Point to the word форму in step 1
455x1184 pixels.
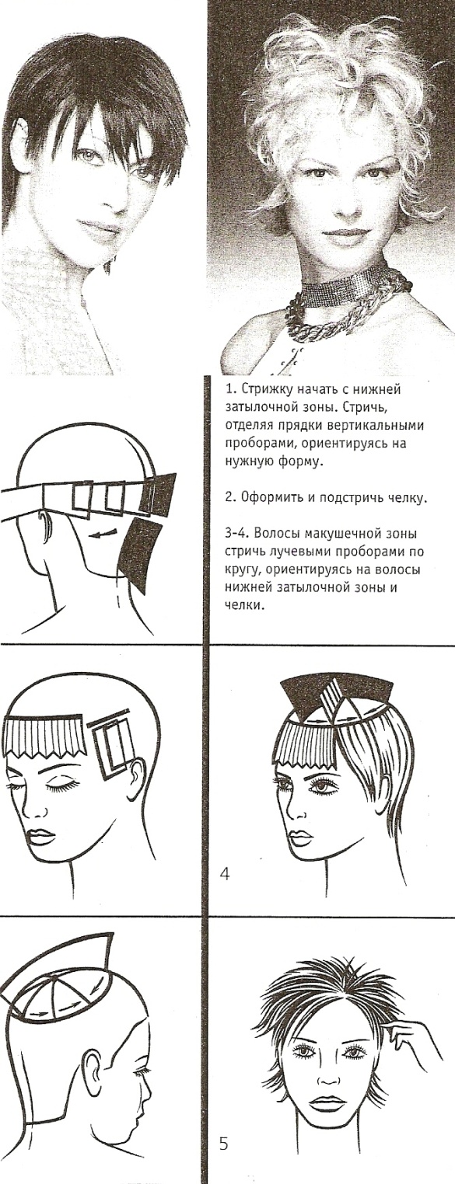coord(300,461)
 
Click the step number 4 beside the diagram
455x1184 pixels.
coord(225,875)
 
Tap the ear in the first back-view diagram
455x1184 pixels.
coord(47,525)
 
